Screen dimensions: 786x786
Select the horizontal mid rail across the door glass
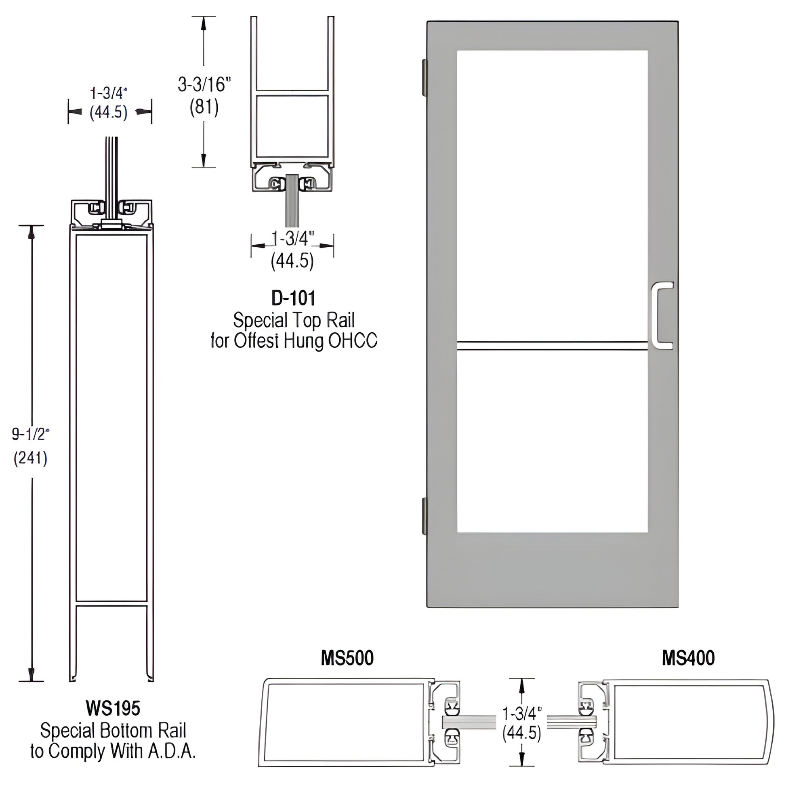pyautogui.click(x=552, y=346)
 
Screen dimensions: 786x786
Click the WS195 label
pyautogui.click(x=113, y=708)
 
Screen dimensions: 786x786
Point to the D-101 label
pyautogui.click(x=293, y=298)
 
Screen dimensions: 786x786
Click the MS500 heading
pyautogui.click(x=347, y=658)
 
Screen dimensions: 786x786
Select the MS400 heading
pyautogui.click(x=688, y=658)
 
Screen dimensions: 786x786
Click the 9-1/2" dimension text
pyautogui.click(x=31, y=435)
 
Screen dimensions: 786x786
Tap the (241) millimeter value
pyautogui.click(x=31, y=458)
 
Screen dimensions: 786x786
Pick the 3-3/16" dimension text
pyautogui.click(x=204, y=85)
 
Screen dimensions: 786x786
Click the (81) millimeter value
pyautogui.click(x=204, y=108)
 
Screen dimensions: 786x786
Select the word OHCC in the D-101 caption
pyautogui.click(x=352, y=341)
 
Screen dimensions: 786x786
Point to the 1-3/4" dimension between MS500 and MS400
pyautogui.click(x=522, y=713)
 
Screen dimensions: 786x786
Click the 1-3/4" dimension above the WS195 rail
pyautogui.click(x=109, y=94)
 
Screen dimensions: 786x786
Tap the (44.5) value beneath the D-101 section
pyautogui.click(x=292, y=261)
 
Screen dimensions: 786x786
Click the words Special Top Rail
pyautogui.click(x=294, y=321)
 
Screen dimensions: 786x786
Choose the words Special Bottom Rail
pyautogui.click(x=113, y=731)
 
